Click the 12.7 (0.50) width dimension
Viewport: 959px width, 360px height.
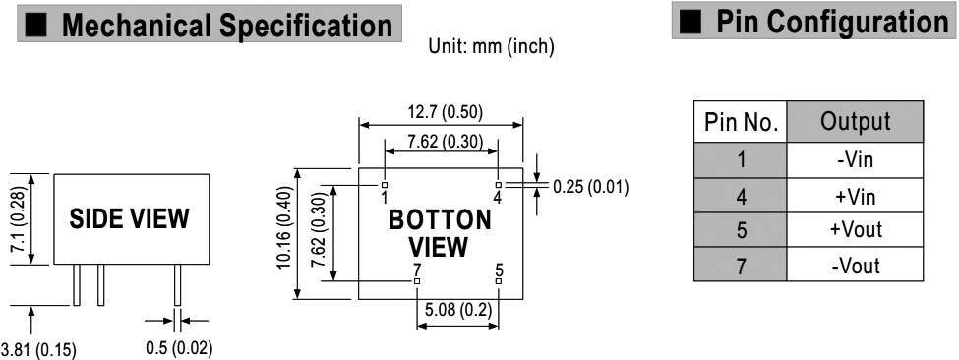point(446,112)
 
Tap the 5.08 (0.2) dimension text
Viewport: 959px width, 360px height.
point(457,311)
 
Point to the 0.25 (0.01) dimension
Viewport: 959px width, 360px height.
point(590,187)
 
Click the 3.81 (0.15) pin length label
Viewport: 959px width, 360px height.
point(38,351)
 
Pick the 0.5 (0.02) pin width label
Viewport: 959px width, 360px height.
point(179,348)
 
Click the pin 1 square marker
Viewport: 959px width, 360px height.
point(385,185)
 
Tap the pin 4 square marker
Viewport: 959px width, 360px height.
point(499,185)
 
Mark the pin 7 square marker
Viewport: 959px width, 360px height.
point(417,281)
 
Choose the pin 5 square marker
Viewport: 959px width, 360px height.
point(499,281)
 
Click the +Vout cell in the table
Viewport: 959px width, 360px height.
point(855,230)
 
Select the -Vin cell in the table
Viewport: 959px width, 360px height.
point(855,160)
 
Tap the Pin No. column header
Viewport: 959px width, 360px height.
point(741,122)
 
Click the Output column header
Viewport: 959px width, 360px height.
point(855,122)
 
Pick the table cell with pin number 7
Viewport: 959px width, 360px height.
point(741,265)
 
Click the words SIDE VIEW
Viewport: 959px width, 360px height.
point(129,218)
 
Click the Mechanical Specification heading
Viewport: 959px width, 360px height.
point(227,25)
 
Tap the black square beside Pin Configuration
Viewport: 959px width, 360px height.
point(690,22)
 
